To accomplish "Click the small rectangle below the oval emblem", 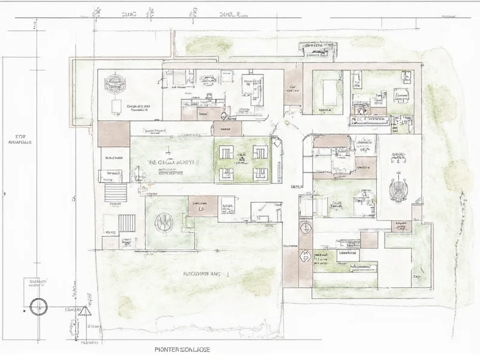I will pyautogui.click(x=114, y=107).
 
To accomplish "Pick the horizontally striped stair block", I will pyautogui.click(x=116, y=193).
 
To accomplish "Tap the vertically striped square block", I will pyautogui.click(x=127, y=223).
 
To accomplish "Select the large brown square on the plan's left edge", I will pyautogui.click(x=113, y=133).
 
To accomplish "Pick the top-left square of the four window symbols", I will pyautogui.click(x=227, y=152).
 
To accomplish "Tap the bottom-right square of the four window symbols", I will pyautogui.click(x=260, y=173).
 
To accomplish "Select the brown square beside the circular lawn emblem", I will pyautogui.click(x=202, y=206).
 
